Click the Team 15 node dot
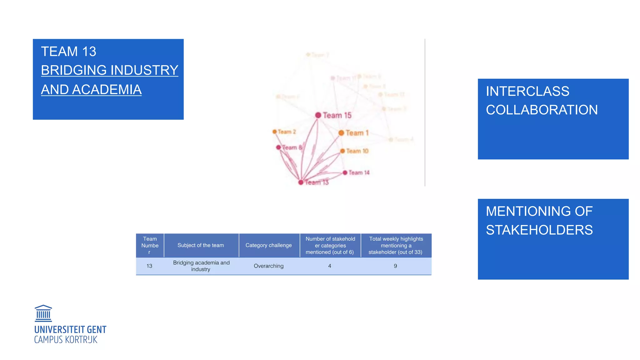318,115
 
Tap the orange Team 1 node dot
341,133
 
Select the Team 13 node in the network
301,182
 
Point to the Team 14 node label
359,172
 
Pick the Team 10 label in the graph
357,151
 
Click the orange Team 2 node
275,132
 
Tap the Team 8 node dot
278,147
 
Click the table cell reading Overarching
268,266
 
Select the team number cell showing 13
149,266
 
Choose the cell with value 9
395,266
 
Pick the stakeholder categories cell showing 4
330,266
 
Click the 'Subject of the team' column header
201,245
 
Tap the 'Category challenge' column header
268,245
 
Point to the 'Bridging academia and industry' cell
201,266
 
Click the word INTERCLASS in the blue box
527,92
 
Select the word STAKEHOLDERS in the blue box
539,230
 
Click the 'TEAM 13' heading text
69,52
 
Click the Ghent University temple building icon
43,313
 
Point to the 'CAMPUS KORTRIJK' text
66,340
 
